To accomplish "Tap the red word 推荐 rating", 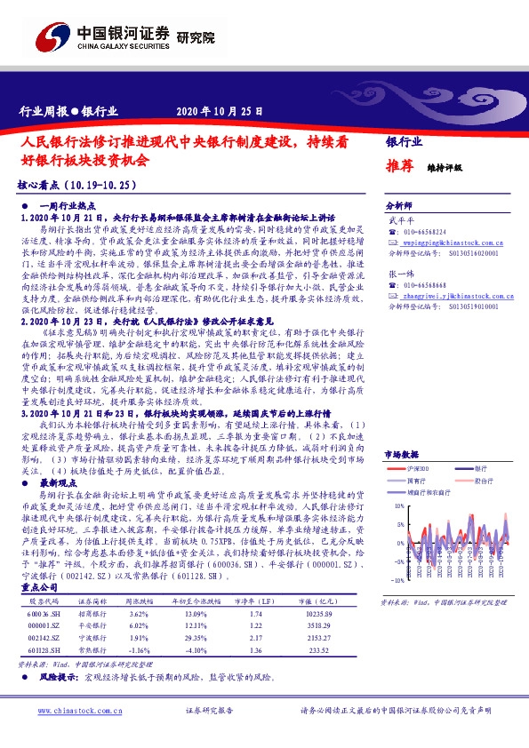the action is tap(398, 167).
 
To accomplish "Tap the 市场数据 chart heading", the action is tap(402, 453).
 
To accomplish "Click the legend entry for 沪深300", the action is tap(417, 468).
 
